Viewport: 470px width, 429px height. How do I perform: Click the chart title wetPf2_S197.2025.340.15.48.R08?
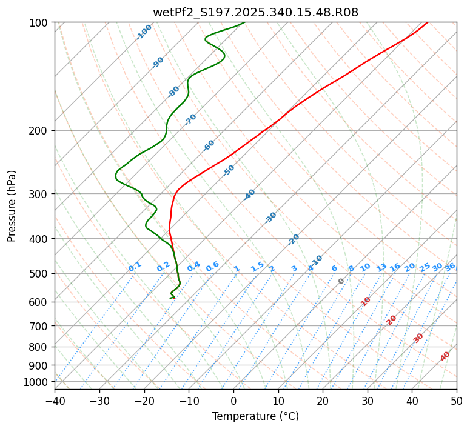click(x=255, y=12)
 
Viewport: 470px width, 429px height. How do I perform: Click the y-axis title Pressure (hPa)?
click(x=12, y=205)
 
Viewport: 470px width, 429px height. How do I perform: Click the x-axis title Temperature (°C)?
click(x=255, y=416)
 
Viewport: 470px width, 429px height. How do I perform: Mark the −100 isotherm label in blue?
click(x=144, y=32)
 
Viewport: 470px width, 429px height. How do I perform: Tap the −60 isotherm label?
click(x=209, y=145)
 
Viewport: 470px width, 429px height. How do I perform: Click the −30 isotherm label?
click(x=270, y=218)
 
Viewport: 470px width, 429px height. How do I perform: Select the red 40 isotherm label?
click(x=445, y=356)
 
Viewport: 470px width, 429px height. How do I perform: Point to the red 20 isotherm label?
click(x=391, y=319)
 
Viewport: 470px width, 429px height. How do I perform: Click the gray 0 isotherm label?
click(x=341, y=281)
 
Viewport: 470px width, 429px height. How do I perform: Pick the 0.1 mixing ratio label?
click(x=135, y=266)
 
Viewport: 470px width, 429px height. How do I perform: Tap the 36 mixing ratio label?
click(x=450, y=267)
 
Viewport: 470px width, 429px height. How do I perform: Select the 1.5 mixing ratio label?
click(x=257, y=266)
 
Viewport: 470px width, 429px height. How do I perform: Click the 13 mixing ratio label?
click(x=381, y=267)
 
